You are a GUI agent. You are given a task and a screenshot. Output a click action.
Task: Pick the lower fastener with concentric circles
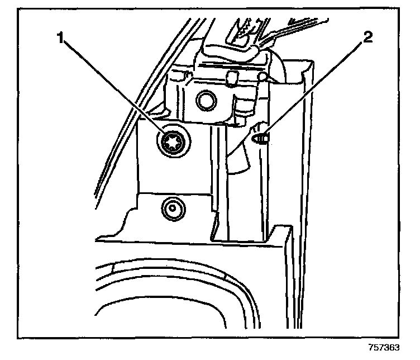[x=171, y=209]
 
